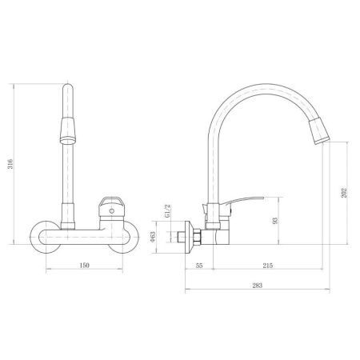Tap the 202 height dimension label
tap(346, 192)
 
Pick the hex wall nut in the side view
tap(194, 238)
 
